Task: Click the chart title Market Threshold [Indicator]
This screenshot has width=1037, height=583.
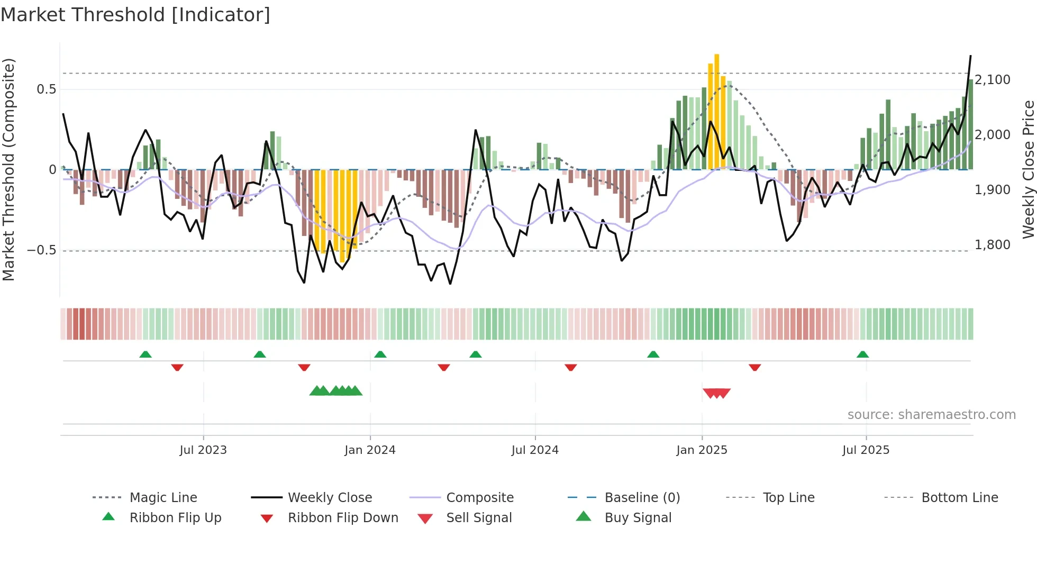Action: (x=135, y=15)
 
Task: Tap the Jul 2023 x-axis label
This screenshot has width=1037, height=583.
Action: (x=203, y=450)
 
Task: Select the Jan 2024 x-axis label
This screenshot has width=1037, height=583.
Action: (x=370, y=450)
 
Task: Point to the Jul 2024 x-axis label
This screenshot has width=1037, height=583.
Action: (x=535, y=450)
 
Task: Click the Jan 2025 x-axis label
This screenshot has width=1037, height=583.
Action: (x=702, y=450)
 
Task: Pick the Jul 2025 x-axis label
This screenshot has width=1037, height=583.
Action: (x=866, y=450)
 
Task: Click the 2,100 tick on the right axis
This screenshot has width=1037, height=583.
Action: (x=993, y=80)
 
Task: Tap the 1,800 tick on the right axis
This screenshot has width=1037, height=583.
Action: (x=993, y=245)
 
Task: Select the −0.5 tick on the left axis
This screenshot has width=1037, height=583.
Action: (x=42, y=250)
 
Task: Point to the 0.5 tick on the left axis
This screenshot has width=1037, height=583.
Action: (x=47, y=89)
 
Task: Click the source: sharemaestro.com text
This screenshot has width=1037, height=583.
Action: (x=931, y=415)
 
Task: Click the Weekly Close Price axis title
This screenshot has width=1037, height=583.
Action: (x=1028, y=169)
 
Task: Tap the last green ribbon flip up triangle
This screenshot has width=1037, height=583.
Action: (x=862, y=354)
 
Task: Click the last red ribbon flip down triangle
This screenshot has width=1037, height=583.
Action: (x=754, y=367)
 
